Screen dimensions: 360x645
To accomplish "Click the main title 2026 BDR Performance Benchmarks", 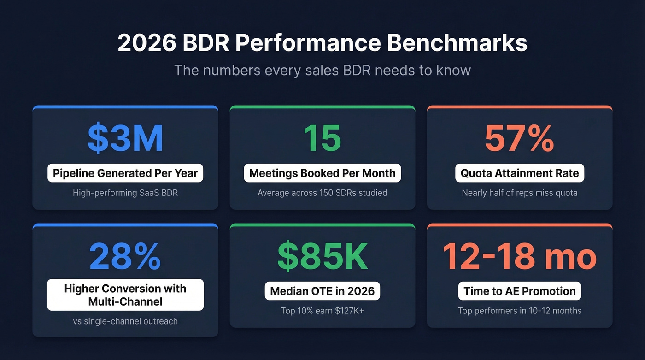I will (322, 43).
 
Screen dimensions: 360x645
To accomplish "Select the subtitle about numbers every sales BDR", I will (322, 70).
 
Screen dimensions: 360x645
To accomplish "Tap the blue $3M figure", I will (125, 138).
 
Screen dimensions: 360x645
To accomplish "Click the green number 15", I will (322, 138).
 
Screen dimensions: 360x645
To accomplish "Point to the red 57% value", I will (519, 138).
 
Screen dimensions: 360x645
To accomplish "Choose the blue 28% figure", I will (125, 256).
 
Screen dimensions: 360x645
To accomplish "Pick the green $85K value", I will (322, 256).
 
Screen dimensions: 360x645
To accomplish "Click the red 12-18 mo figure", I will (519, 256).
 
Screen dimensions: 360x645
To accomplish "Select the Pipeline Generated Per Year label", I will (125, 173).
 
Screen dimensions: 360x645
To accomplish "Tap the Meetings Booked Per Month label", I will (322, 173).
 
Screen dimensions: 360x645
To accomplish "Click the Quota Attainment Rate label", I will (519, 173).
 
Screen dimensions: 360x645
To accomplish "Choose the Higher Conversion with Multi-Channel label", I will (125, 295).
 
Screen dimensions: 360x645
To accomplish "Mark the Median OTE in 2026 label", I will (322, 291).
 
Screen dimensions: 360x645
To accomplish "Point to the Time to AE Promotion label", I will (519, 291).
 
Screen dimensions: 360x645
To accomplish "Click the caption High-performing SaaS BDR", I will (125, 193).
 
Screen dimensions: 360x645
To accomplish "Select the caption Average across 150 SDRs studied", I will (322, 193).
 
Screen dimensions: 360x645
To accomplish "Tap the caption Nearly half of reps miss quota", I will (519, 193).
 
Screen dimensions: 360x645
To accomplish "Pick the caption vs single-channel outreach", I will (125, 321).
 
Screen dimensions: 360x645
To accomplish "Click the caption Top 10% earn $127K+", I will (322, 311).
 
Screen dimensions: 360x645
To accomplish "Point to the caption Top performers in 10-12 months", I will (519, 311).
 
